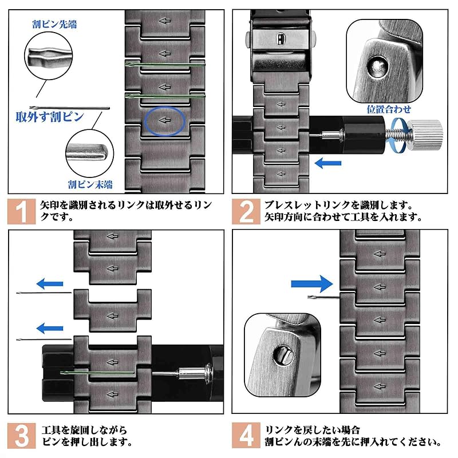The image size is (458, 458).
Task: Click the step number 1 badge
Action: [x=21, y=211]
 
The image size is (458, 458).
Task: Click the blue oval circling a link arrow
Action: [x=164, y=120]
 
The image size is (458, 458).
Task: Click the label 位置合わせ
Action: [x=389, y=108]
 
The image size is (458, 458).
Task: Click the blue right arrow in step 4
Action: [x=311, y=283]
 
